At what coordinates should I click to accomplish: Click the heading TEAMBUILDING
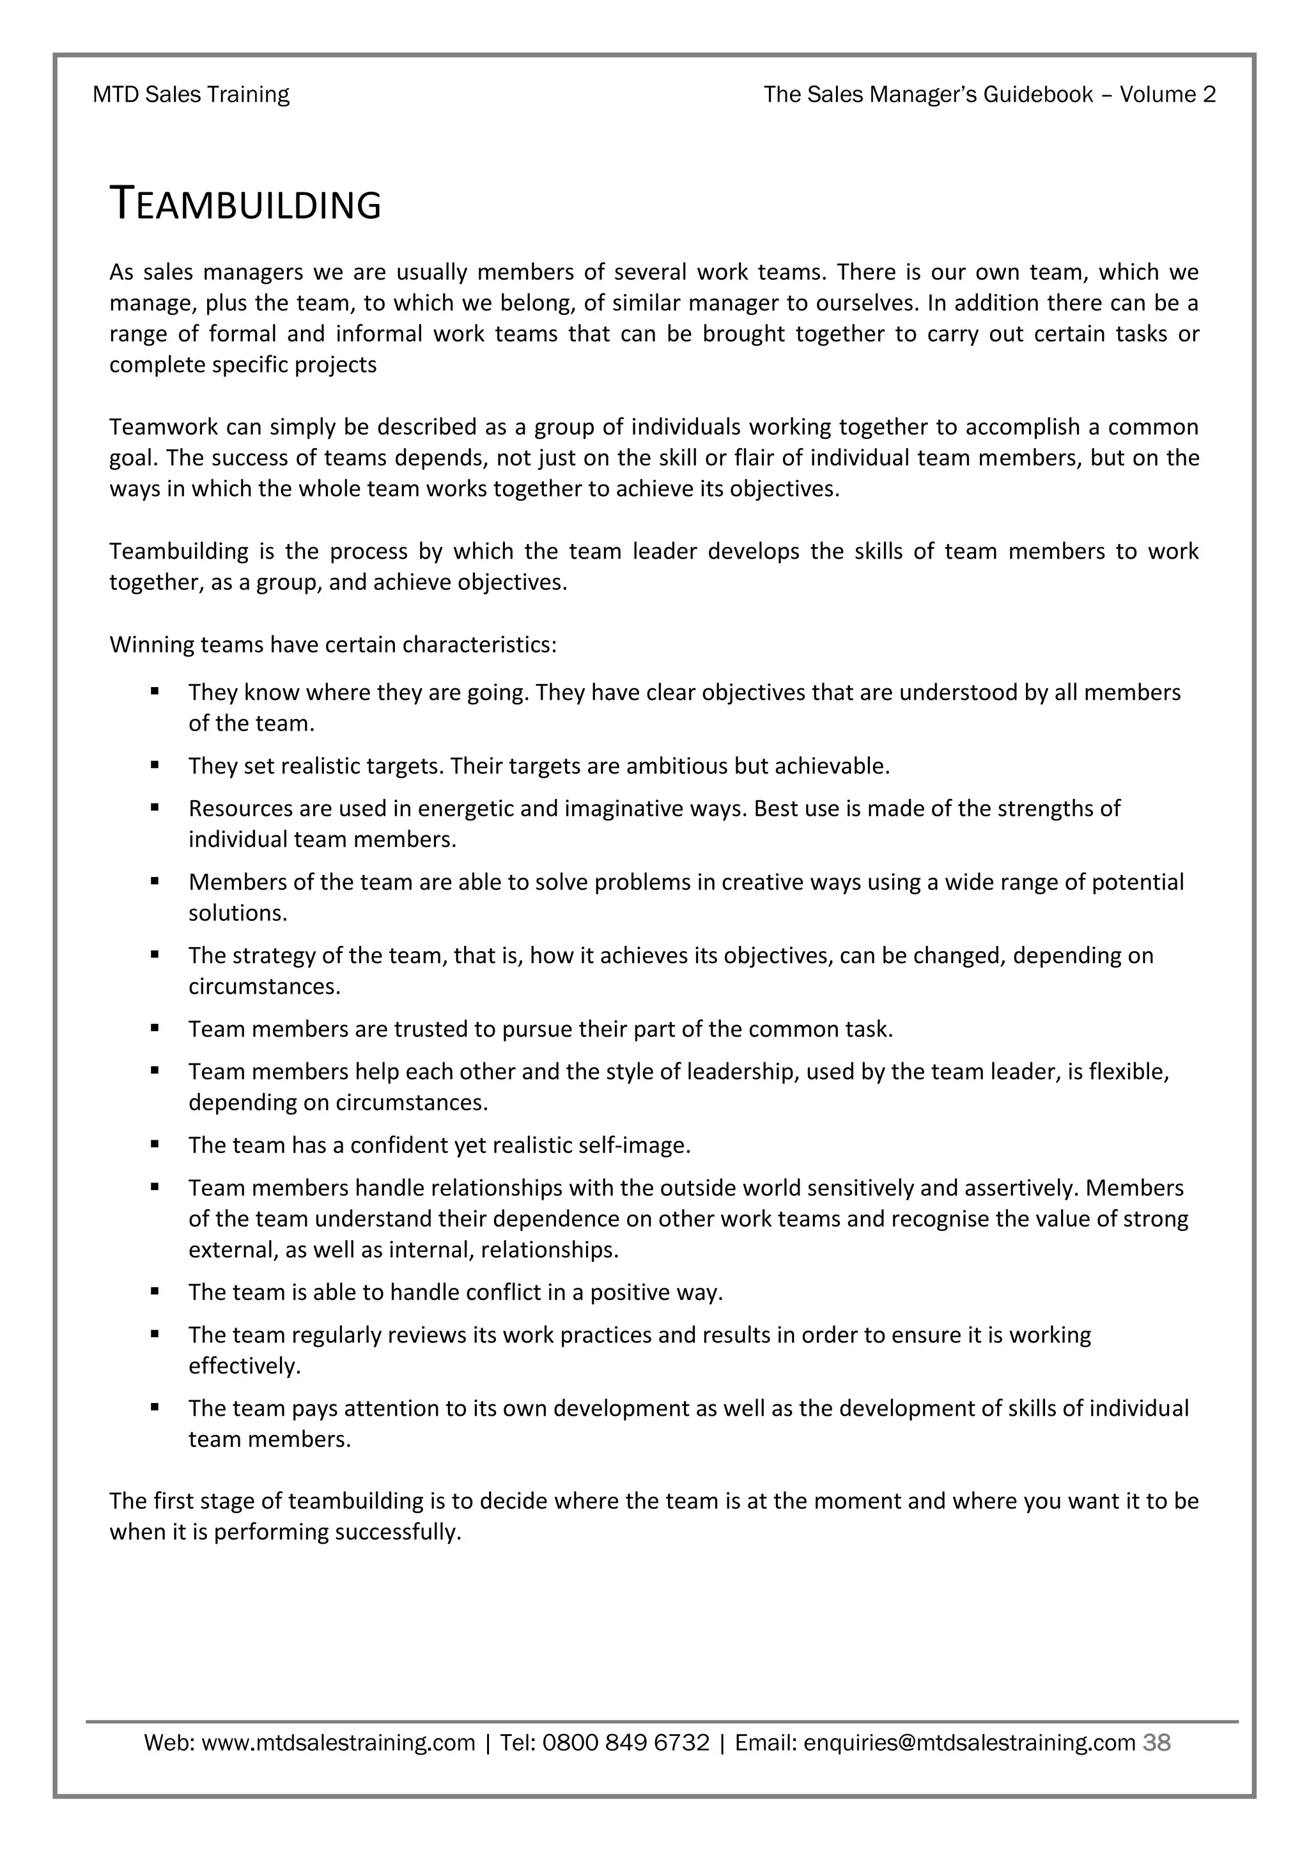245,204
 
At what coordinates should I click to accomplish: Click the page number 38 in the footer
1157,1743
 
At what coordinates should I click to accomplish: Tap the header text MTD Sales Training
191,95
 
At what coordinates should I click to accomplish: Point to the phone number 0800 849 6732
626,1743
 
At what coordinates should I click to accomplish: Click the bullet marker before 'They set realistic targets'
155,765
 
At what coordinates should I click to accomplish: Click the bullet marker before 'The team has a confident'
155,1145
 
